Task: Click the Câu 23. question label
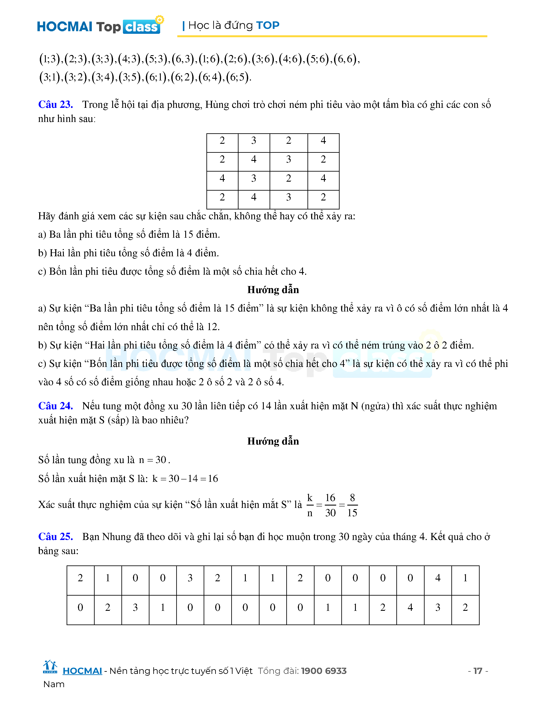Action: pyautogui.click(x=55, y=104)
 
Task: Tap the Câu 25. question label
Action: pyautogui.click(x=55, y=537)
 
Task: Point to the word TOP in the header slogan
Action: pyautogui.click(x=267, y=25)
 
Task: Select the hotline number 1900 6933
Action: pyautogui.click(x=324, y=671)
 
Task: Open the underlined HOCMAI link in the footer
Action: pyautogui.click(x=82, y=671)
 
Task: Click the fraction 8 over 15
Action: pyautogui.click(x=352, y=505)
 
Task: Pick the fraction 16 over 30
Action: pyautogui.click(x=330, y=505)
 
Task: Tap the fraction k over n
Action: pyautogui.click(x=310, y=505)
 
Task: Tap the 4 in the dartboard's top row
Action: pyautogui.click(x=323, y=141)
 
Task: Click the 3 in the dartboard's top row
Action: pyautogui.click(x=254, y=141)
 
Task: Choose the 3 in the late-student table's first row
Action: pyautogui.click(x=190, y=578)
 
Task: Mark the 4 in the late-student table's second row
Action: pyautogui.click(x=410, y=607)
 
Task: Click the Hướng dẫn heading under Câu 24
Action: pyautogui.click(x=273, y=441)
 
